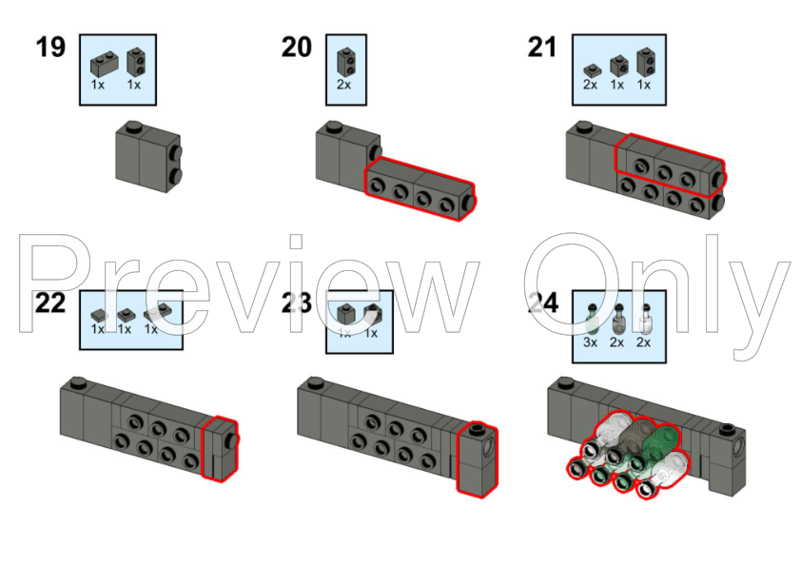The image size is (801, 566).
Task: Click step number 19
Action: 50,47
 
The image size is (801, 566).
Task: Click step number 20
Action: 296,47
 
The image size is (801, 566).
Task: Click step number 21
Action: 542,47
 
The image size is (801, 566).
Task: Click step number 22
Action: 50,303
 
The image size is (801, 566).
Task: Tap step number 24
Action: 542,303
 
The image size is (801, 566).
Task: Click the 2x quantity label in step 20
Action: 344,85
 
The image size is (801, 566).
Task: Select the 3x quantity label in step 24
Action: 590,342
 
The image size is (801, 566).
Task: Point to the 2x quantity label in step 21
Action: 590,85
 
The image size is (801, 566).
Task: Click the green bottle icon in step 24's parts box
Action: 591,318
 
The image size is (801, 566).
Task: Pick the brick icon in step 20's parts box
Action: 345,62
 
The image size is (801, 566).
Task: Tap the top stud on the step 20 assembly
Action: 333,127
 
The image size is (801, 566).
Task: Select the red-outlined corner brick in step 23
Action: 477,459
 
